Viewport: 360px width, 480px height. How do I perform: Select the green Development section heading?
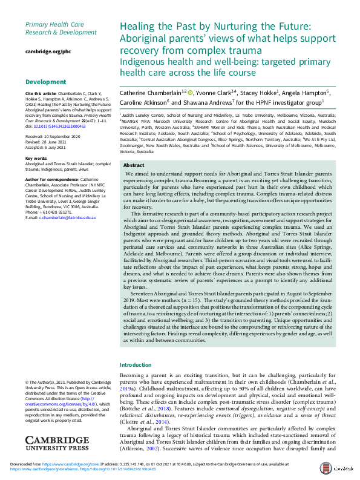45,82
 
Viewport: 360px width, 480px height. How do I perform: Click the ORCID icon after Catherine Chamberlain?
190,93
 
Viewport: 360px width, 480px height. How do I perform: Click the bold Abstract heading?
134,165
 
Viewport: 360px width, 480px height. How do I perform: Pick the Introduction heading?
136,365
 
